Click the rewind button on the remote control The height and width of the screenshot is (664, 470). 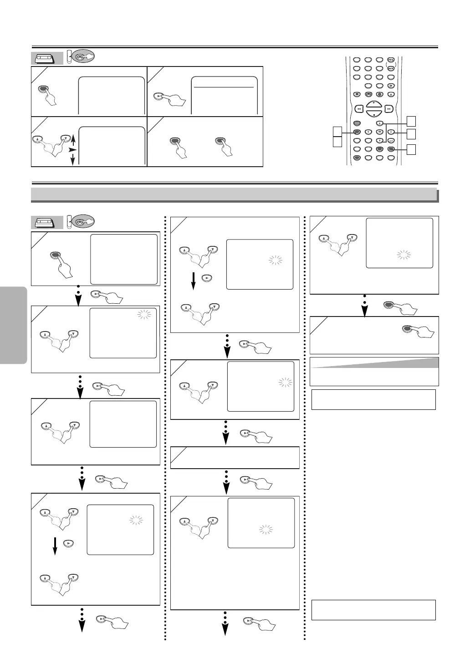click(x=359, y=109)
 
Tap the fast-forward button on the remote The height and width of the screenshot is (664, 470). click(x=388, y=109)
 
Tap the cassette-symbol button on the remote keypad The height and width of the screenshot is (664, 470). click(x=368, y=94)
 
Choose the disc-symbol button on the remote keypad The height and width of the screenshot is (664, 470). click(x=379, y=94)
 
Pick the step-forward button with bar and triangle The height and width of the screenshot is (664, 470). click(x=391, y=86)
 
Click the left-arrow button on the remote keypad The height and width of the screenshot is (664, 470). click(x=368, y=132)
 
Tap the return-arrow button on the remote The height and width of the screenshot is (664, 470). click(x=391, y=141)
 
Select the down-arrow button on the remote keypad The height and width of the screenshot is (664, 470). click(x=379, y=141)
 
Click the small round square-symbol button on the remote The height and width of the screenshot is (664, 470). click(x=357, y=94)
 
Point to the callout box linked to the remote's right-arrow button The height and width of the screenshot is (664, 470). click(x=411, y=133)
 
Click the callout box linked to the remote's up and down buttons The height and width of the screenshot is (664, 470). click(x=411, y=121)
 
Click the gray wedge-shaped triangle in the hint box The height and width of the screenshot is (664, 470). click(x=392, y=363)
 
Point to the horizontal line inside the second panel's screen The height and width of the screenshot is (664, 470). click(x=223, y=87)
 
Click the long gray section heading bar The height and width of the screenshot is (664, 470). click(x=234, y=194)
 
